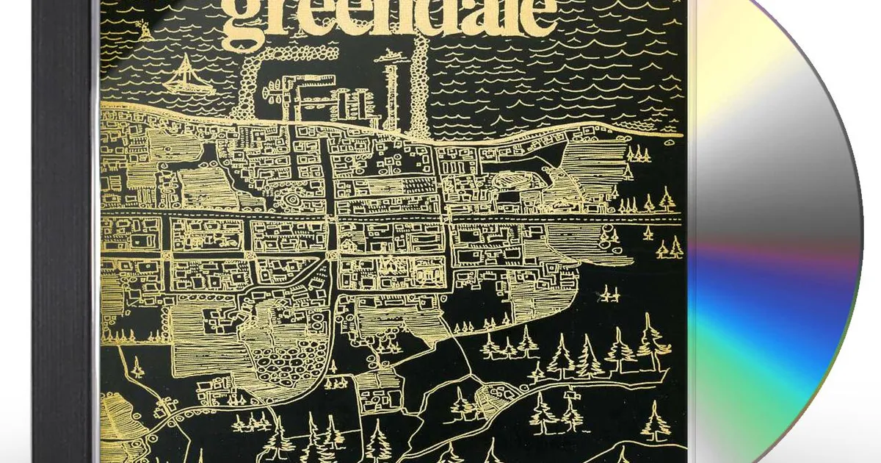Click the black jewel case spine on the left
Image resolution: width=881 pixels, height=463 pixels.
[63, 232]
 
